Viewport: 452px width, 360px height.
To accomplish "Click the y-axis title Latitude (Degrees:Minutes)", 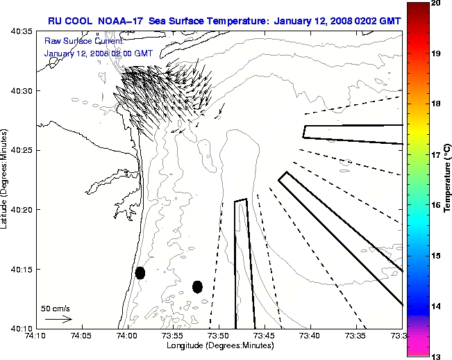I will click(x=6, y=179).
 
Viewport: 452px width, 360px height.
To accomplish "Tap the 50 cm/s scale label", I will click(x=56, y=308).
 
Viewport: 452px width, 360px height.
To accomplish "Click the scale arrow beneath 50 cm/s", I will click(x=58, y=319).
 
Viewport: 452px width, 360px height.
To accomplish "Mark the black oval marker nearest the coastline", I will click(x=140, y=272).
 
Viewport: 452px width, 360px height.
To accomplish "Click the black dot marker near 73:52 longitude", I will click(x=197, y=286).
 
